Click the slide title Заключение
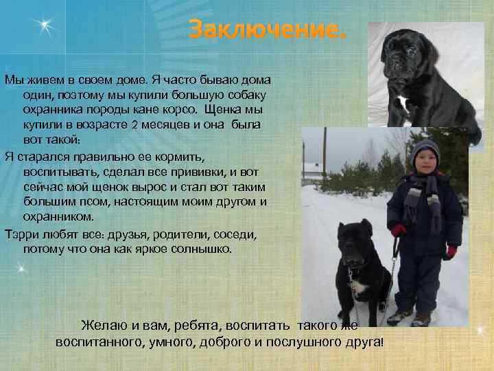click(268, 30)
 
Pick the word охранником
click(58, 216)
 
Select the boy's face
click(425, 164)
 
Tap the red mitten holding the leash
click(399, 230)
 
